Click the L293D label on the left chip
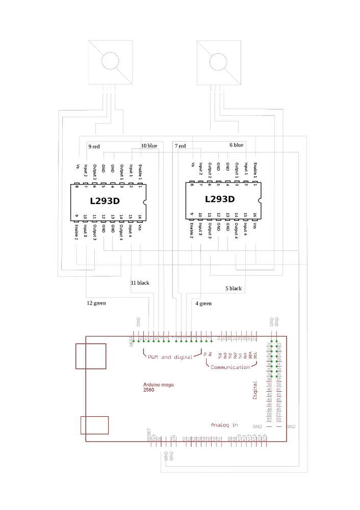click(105, 201)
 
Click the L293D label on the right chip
click(220, 199)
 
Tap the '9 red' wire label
click(94, 146)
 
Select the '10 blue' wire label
click(149, 146)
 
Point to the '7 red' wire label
click(180, 146)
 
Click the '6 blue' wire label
click(236, 145)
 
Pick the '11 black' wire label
click(140, 283)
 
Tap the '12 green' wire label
click(96, 303)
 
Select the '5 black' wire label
click(233, 289)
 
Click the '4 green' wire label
click(203, 303)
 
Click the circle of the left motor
click(109, 61)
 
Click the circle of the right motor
click(218, 61)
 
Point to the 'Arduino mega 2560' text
click(156, 387)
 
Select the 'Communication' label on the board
click(230, 367)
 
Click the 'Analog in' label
click(224, 425)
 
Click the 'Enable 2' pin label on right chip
click(191, 232)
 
